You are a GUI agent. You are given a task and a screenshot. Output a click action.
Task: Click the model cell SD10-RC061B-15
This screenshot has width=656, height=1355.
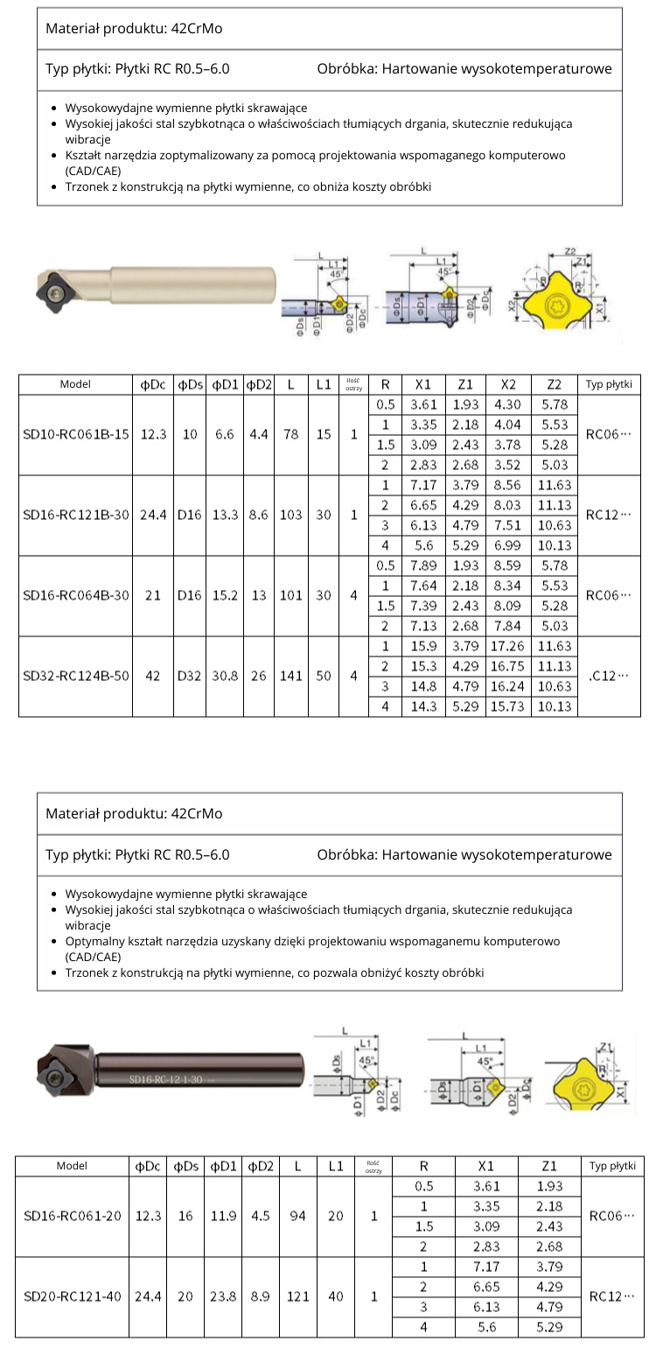pos(75,434)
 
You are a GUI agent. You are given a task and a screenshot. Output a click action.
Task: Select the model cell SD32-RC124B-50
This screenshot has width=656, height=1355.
pos(75,677)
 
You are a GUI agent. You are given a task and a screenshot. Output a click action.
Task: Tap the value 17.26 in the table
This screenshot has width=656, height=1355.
pos(508,646)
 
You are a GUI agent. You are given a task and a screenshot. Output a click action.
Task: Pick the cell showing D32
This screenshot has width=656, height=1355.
pos(190,677)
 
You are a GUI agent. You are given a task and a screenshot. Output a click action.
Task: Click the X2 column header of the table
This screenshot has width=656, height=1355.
pos(508,384)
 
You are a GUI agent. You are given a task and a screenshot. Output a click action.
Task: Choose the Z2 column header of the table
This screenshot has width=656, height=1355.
pos(554,384)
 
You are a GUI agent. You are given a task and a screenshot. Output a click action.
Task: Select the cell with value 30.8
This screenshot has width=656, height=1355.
pos(225,677)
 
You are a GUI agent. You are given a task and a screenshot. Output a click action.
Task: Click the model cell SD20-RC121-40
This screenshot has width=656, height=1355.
pos(73,1296)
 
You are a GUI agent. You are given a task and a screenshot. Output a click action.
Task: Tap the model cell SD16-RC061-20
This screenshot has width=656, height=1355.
pos(73,1216)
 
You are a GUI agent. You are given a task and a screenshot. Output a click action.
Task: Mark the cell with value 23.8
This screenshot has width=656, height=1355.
pos(223,1296)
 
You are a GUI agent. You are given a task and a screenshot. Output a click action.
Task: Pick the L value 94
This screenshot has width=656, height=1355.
pos(298,1216)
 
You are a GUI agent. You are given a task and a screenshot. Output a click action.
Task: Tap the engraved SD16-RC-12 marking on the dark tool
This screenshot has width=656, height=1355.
pos(166,1079)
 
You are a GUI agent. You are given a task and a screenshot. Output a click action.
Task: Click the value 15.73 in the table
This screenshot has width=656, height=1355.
pos(508,706)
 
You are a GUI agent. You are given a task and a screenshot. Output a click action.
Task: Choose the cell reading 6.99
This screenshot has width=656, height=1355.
pos(508,545)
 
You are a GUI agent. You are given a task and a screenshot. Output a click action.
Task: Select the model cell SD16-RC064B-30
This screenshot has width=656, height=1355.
pos(75,595)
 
